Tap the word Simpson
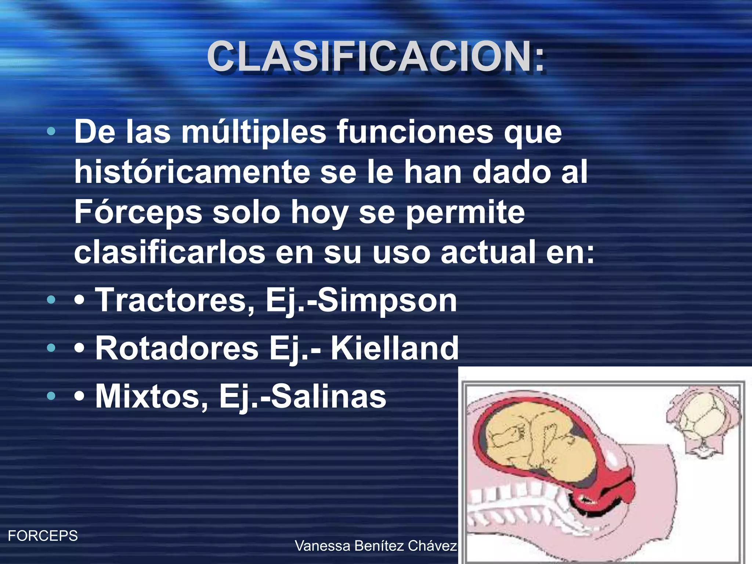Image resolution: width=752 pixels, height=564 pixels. click(x=387, y=300)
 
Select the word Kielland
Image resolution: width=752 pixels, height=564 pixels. click(x=395, y=348)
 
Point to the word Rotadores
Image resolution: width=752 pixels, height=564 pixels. click(x=177, y=348)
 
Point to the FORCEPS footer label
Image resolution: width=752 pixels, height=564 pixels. click(x=43, y=536)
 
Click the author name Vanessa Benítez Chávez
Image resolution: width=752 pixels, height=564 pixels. click(x=376, y=546)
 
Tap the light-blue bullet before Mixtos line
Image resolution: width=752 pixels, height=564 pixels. click(x=51, y=396)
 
